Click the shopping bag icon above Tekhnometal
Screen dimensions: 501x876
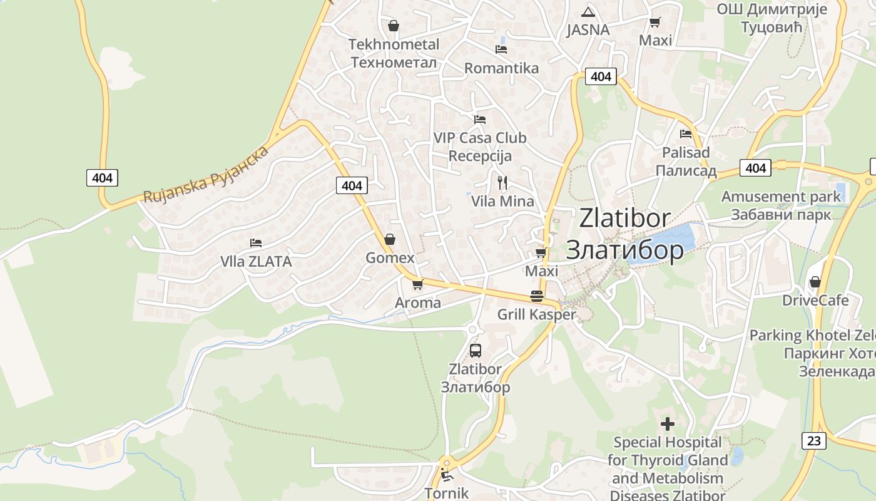coord(394,26)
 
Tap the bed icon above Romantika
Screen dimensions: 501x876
coord(501,49)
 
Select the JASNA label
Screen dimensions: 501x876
coord(588,29)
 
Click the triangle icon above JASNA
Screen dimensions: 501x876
coord(587,11)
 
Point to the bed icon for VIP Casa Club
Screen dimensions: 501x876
coord(480,119)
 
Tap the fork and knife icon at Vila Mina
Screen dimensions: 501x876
coord(502,182)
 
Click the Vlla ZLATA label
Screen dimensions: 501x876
coord(256,261)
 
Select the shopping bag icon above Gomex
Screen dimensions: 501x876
coord(390,239)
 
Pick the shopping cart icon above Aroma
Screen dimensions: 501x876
coord(418,284)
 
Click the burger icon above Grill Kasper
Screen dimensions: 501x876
coord(537,296)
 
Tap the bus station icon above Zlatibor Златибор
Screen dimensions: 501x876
coord(476,351)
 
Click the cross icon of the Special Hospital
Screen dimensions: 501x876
coord(668,424)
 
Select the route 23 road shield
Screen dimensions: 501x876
coord(813,440)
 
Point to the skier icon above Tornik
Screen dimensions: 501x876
coord(446,474)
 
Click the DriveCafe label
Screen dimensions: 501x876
coord(815,300)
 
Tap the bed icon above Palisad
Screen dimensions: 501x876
coord(686,133)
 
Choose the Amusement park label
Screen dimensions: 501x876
coord(781,197)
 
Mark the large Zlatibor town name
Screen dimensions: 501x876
coord(624,218)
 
